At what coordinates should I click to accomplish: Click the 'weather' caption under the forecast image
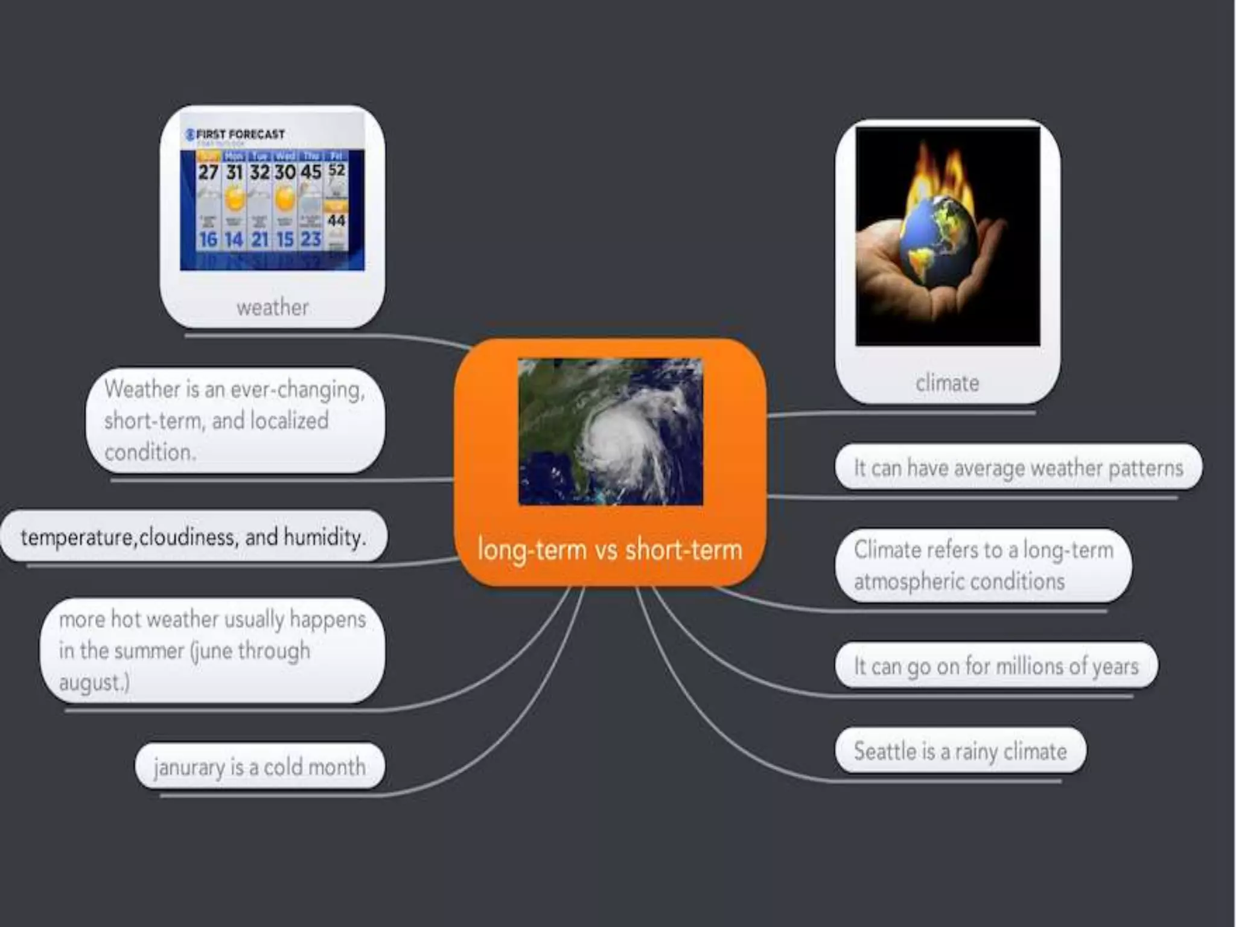(x=272, y=308)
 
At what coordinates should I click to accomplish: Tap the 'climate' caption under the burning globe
(x=947, y=383)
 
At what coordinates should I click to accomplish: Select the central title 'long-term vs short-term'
(x=610, y=550)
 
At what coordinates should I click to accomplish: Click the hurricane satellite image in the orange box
(x=610, y=432)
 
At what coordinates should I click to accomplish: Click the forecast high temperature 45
(x=311, y=172)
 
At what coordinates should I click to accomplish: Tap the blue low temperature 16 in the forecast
(x=208, y=240)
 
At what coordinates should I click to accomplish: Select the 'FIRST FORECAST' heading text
(x=240, y=134)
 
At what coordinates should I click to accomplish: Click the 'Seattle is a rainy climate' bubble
(x=960, y=751)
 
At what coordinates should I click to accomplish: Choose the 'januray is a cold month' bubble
(x=260, y=766)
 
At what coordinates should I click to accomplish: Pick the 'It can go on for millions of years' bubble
(x=996, y=666)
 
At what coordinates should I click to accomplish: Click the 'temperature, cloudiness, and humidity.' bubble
(x=193, y=537)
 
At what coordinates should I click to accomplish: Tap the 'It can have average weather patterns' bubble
(x=1018, y=468)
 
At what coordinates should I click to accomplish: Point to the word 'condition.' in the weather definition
(x=150, y=452)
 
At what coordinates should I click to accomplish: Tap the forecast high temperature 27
(x=208, y=172)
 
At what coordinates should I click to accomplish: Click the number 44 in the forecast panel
(x=337, y=221)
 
